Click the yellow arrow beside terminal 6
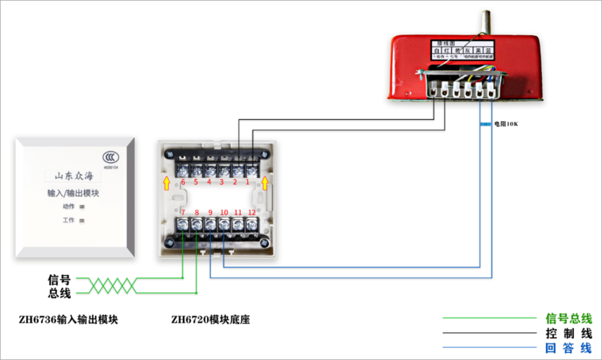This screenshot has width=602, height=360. [x=166, y=183]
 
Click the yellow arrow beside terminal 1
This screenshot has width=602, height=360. [x=265, y=183]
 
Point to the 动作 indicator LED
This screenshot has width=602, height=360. [x=82, y=207]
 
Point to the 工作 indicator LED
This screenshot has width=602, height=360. [x=82, y=221]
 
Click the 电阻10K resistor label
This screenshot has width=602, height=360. [x=506, y=124]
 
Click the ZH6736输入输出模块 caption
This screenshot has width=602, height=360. [x=68, y=320]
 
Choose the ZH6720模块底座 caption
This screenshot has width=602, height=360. [x=210, y=320]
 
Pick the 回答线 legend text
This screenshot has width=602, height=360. [x=568, y=348]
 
